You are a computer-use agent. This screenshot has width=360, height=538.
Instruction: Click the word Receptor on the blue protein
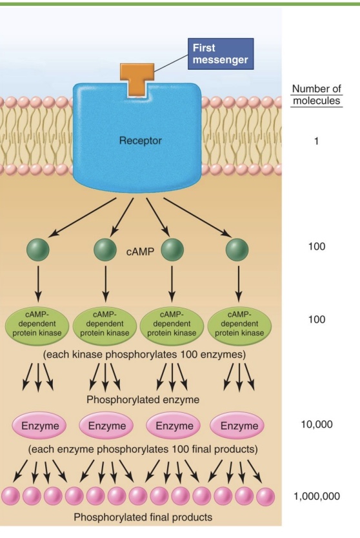pos(139,140)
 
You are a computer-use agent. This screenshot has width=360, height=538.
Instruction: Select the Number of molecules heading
pos(315,95)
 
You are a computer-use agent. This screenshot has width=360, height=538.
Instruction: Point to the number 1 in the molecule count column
pos(315,140)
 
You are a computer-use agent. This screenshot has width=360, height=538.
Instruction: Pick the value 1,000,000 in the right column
pos(315,497)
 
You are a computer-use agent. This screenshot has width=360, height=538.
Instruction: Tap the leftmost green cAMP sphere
pos(38,250)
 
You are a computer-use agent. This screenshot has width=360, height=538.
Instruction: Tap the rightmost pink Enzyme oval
pos(239,426)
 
